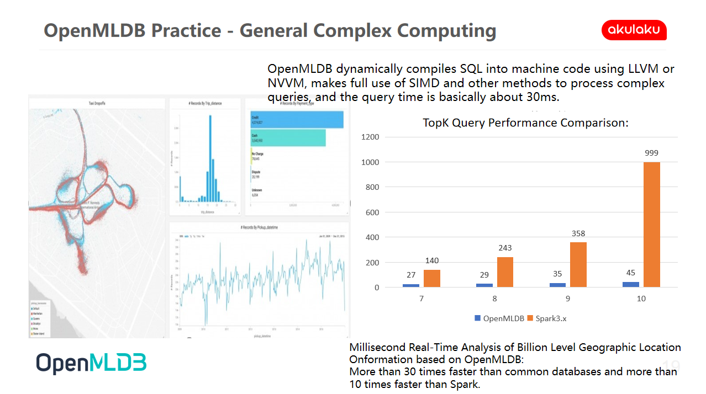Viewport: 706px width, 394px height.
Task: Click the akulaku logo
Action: pyautogui.click(x=634, y=30)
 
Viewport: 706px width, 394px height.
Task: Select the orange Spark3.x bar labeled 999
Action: pyautogui.click(x=651, y=225)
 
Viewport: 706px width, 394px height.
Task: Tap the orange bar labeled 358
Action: pyautogui.click(x=578, y=265)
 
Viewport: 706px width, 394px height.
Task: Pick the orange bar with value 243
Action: pyautogui.click(x=505, y=272)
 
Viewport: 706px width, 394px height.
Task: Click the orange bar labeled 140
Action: pyautogui.click(x=432, y=279)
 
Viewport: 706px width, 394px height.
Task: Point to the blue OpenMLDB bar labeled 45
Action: pyautogui.click(x=630, y=285)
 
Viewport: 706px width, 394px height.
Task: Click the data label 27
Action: pyautogui.click(x=410, y=275)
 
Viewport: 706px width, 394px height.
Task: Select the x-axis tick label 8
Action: pyautogui.click(x=494, y=299)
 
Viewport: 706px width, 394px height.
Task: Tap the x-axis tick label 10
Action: pyautogui.click(x=641, y=299)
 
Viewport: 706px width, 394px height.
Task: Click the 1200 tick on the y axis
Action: pyautogui.click(x=371, y=137)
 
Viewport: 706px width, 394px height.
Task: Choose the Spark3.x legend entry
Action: pyautogui.click(x=552, y=318)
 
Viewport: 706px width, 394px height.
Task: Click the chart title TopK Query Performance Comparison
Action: pyautogui.click(x=525, y=123)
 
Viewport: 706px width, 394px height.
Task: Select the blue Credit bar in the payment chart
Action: pyautogui.click(x=297, y=120)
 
